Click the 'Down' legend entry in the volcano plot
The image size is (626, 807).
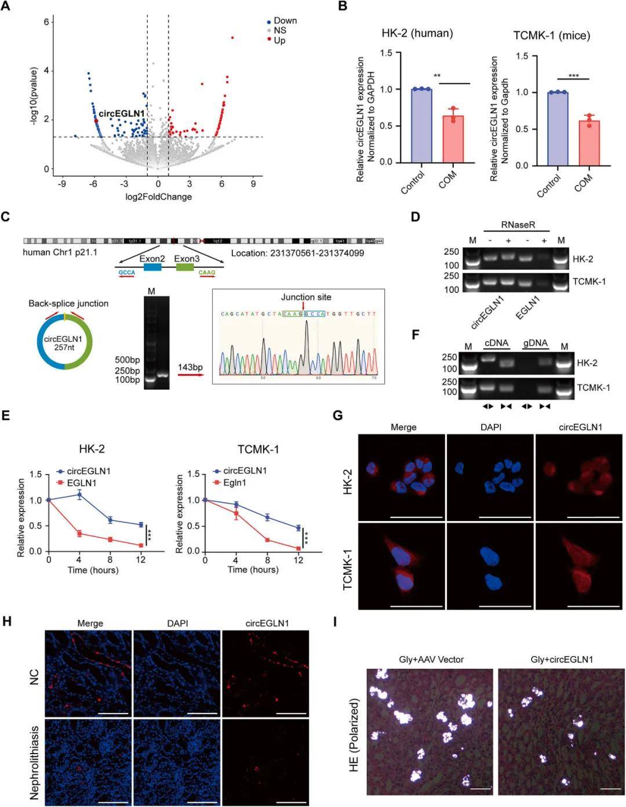click(x=285, y=21)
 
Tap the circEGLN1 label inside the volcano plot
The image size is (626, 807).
click(x=121, y=114)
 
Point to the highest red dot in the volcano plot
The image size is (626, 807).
click(x=232, y=38)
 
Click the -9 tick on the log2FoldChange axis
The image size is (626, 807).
click(x=61, y=183)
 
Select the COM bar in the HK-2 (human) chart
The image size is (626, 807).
click(x=453, y=139)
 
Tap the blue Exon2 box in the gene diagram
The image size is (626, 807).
click(x=152, y=267)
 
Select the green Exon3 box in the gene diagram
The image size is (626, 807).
click(x=185, y=267)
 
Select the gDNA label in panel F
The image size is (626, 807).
click(x=535, y=343)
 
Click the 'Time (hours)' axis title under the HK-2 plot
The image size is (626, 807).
click(x=93, y=570)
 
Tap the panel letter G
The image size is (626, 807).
click(x=337, y=415)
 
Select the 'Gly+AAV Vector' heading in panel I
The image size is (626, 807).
click(x=431, y=659)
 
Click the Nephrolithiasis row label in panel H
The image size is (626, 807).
click(x=34, y=762)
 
